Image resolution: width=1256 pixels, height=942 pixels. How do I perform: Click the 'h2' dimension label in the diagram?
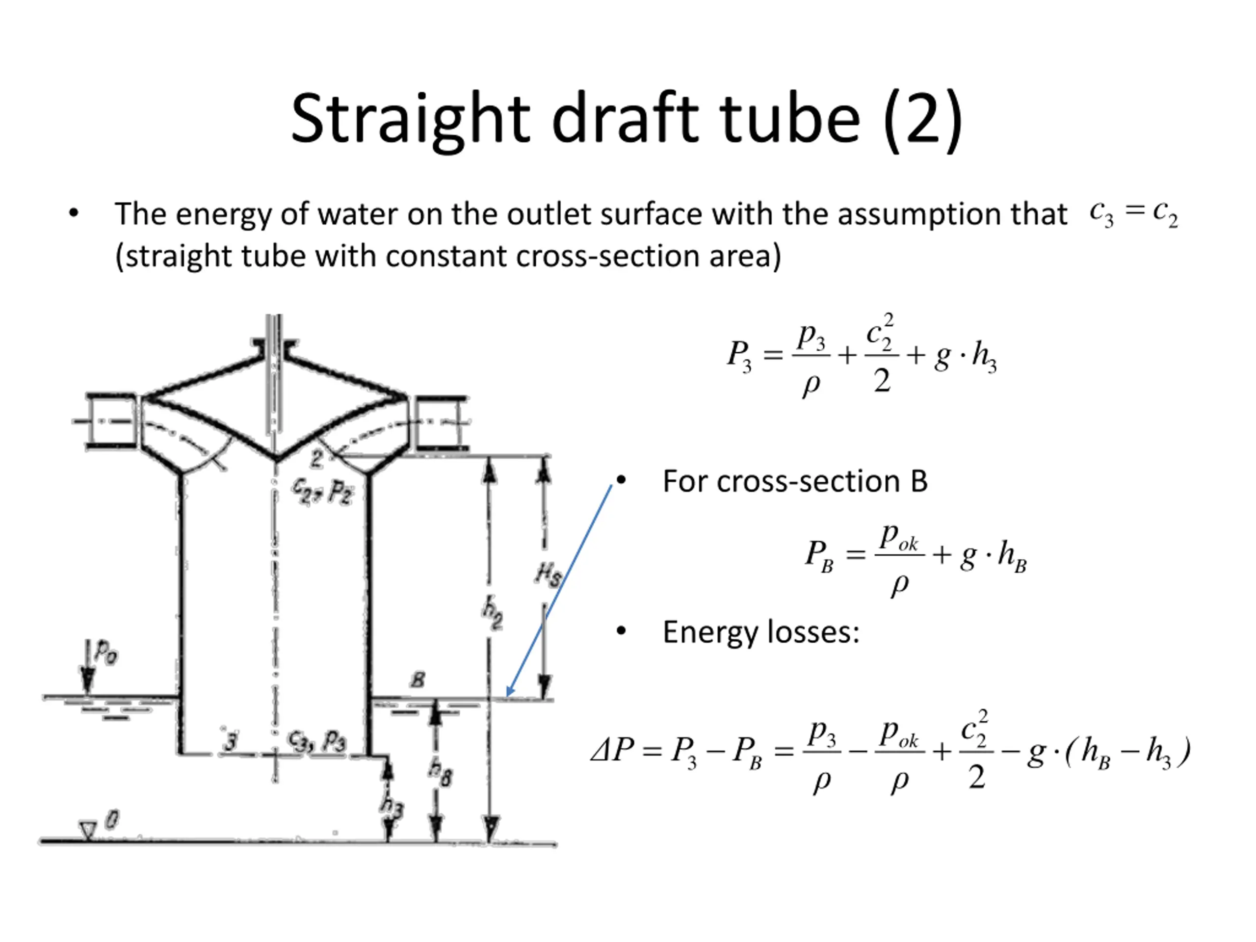(x=492, y=615)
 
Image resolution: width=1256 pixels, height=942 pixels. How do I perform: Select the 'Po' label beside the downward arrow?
(x=105, y=652)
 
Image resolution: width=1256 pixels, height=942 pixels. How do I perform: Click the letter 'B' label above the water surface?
(x=418, y=680)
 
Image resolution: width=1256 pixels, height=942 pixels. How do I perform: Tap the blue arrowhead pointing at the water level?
(x=509, y=692)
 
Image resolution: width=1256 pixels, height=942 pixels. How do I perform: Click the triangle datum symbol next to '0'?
(x=87, y=831)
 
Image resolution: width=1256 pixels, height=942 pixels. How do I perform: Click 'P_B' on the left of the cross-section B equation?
(x=819, y=555)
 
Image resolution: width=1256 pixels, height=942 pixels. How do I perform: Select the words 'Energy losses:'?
(x=761, y=632)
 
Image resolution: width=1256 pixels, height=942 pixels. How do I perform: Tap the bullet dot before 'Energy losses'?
(x=621, y=631)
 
